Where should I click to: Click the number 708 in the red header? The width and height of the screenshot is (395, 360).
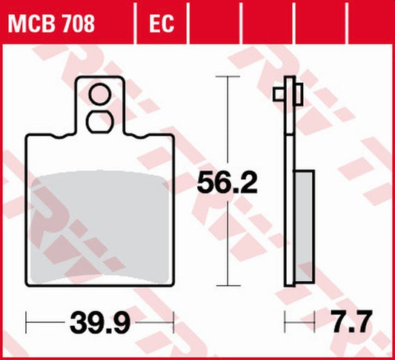tap(78, 25)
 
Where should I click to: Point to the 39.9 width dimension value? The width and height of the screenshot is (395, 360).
tap(100, 322)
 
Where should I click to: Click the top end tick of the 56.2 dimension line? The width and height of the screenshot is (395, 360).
tap(227, 76)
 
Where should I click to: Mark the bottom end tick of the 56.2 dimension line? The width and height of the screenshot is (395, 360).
tap(227, 286)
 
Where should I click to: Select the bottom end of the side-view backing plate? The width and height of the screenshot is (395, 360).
tap(288, 283)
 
